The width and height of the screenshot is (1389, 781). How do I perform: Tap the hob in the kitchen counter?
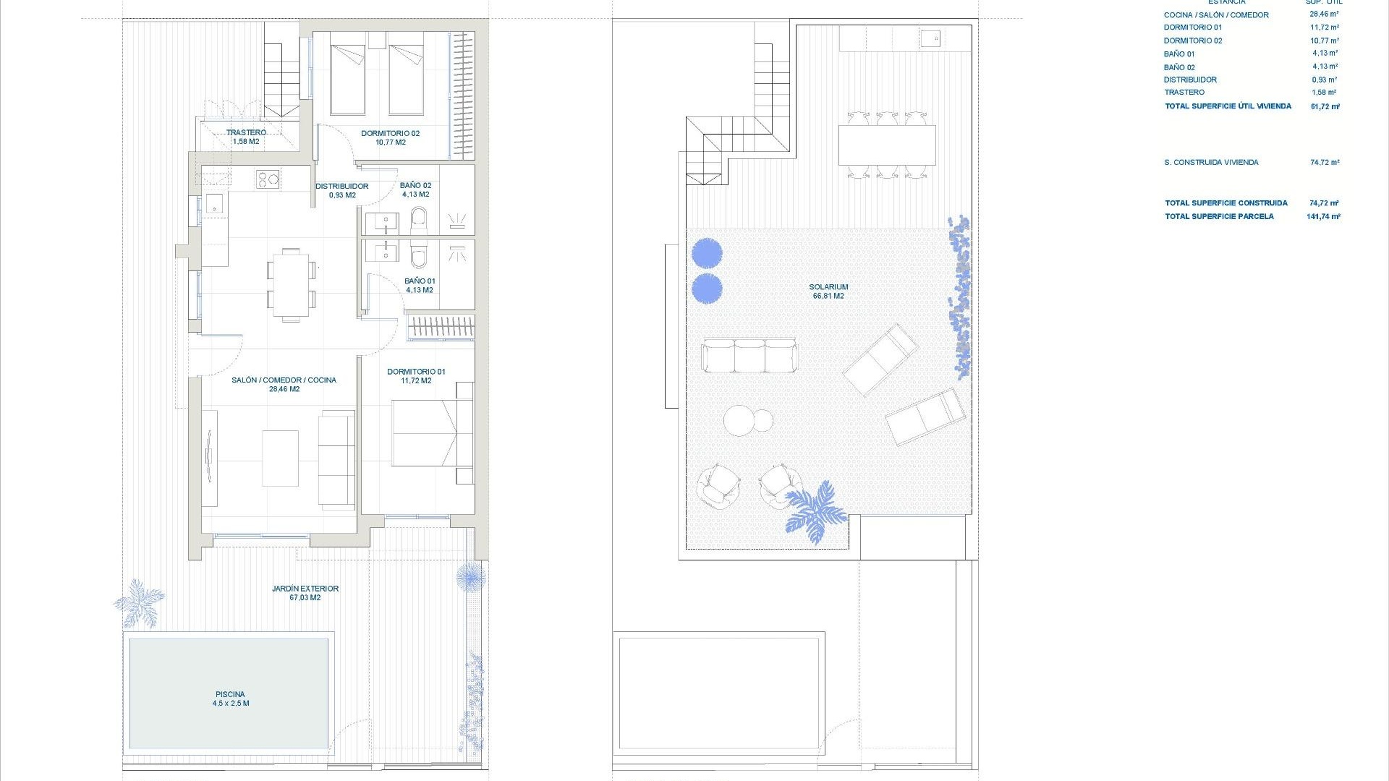click(268, 179)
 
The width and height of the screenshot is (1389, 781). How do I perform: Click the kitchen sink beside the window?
click(215, 203)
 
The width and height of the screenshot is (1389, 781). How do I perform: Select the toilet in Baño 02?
click(419, 221)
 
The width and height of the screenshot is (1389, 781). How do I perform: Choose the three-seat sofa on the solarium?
click(749, 355)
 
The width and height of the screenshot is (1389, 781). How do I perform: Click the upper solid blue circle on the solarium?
click(707, 253)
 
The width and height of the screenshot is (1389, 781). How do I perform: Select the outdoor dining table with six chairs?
click(887, 145)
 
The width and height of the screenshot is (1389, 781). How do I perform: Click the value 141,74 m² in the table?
click(1323, 216)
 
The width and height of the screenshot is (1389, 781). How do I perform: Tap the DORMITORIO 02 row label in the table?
click(1193, 40)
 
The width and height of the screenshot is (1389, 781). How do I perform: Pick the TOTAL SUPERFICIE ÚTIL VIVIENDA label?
click(1228, 106)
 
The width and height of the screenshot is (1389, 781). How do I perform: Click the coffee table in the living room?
click(280, 458)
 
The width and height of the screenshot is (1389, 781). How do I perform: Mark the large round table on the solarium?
click(739, 420)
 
